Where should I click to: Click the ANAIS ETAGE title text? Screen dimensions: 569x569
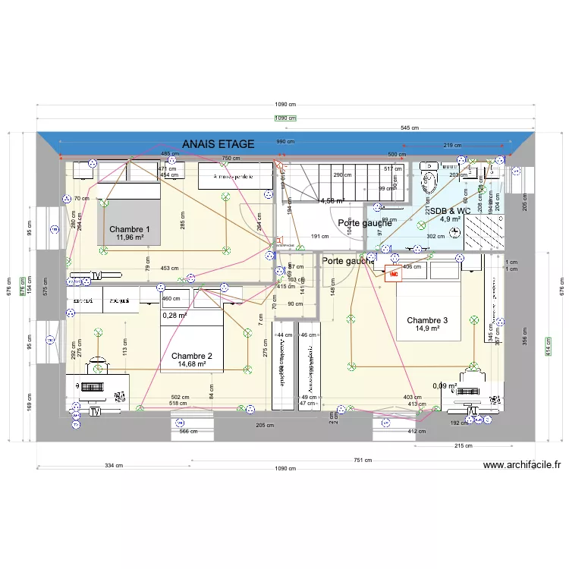click(x=218, y=143)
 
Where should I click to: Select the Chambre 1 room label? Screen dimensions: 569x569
click(x=130, y=229)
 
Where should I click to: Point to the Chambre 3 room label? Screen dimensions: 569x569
click(x=427, y=320)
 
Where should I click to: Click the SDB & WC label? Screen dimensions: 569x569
click(x=451, y=211)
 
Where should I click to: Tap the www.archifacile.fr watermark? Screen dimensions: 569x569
click(x=521, y=466)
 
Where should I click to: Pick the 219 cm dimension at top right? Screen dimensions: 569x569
click(x=453, y=145)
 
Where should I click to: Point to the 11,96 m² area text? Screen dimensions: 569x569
click(x=130, y=237)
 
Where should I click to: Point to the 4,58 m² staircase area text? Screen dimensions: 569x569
click(x=332, y=201)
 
